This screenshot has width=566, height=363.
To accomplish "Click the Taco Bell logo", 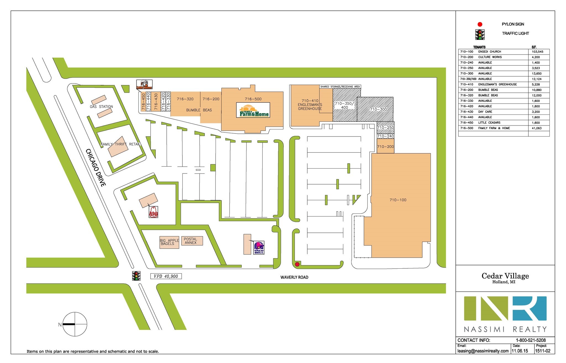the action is click(x=259, y=247).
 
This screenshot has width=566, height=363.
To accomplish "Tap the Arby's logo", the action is click(x=154, y=212).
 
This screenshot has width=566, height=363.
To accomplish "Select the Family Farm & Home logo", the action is click(x=253, y=110).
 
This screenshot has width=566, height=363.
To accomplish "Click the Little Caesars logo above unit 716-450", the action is click(x=144, y=85).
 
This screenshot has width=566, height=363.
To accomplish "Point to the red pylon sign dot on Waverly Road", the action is click(x=297, y=265).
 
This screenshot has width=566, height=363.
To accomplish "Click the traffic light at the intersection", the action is click(x=136, y=276).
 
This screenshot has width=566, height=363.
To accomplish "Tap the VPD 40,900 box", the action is click(x=166, y=276).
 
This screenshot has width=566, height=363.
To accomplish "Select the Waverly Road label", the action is click(x=294, y=277).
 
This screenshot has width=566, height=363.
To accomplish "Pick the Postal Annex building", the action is click(x=192, y=241).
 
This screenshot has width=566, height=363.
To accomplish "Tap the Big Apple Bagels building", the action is click(x=169, y=242).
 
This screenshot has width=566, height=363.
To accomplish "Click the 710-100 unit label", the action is click(x=398, y=200).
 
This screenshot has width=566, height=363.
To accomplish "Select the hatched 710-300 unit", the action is click(x=375, y=109).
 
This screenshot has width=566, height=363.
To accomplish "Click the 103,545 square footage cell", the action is click(x=538, y=52).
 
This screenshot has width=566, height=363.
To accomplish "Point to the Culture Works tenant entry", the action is click(x=490, y=57).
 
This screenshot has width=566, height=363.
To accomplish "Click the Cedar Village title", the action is click(x=505, y=276).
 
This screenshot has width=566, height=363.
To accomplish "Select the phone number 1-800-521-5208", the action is click(x=531, y=340).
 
